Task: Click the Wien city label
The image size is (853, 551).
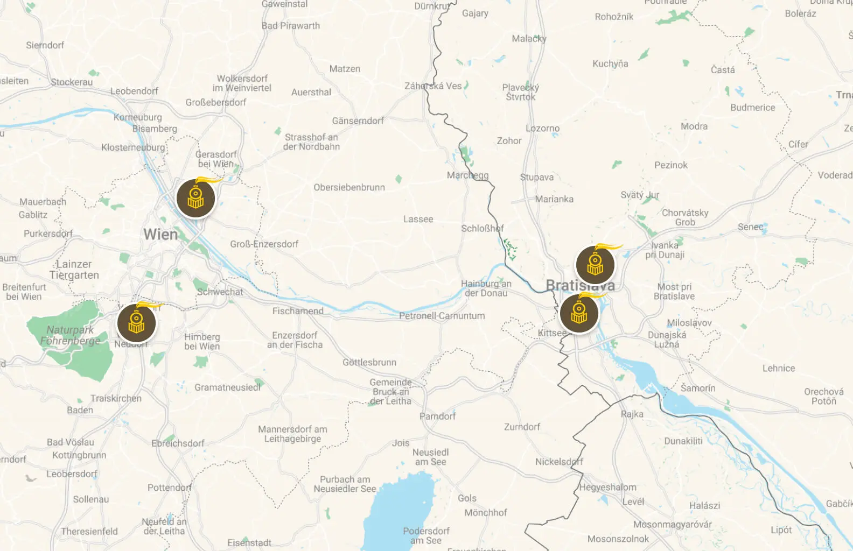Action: [x=160, y=235]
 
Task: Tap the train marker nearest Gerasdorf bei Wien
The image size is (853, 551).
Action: [x=195, y=199]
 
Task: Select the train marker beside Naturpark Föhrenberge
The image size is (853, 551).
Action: [x=137, y=323]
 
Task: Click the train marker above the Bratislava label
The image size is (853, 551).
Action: [x=595, y=265]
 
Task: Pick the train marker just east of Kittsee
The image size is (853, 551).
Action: [x=579, y=314]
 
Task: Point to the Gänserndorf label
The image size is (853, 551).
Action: [x=358, y=121]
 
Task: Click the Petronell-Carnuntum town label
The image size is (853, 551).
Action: [x=442, y=316]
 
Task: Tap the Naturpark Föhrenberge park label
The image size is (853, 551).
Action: [x=70, y=335]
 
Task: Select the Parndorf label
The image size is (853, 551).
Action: [x=437, y=416]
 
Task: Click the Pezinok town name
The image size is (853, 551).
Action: [x=671, y=165]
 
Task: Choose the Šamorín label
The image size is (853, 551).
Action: [x=698, y=388]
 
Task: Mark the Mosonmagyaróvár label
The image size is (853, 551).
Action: [x=672, y=524]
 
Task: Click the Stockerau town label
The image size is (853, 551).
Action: [x=72, y=82]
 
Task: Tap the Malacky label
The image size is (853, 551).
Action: [x=529, y=39]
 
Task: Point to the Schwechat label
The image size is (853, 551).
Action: [x=220, y=292]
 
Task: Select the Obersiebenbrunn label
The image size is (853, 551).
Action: [x=349, y=188]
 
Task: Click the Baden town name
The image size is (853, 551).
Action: [x=80, y=410]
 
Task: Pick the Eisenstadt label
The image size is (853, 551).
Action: [x=249, y=542]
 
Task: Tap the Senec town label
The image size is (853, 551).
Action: [x=751, y=227]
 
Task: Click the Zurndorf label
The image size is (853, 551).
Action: [x=522, y=427]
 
